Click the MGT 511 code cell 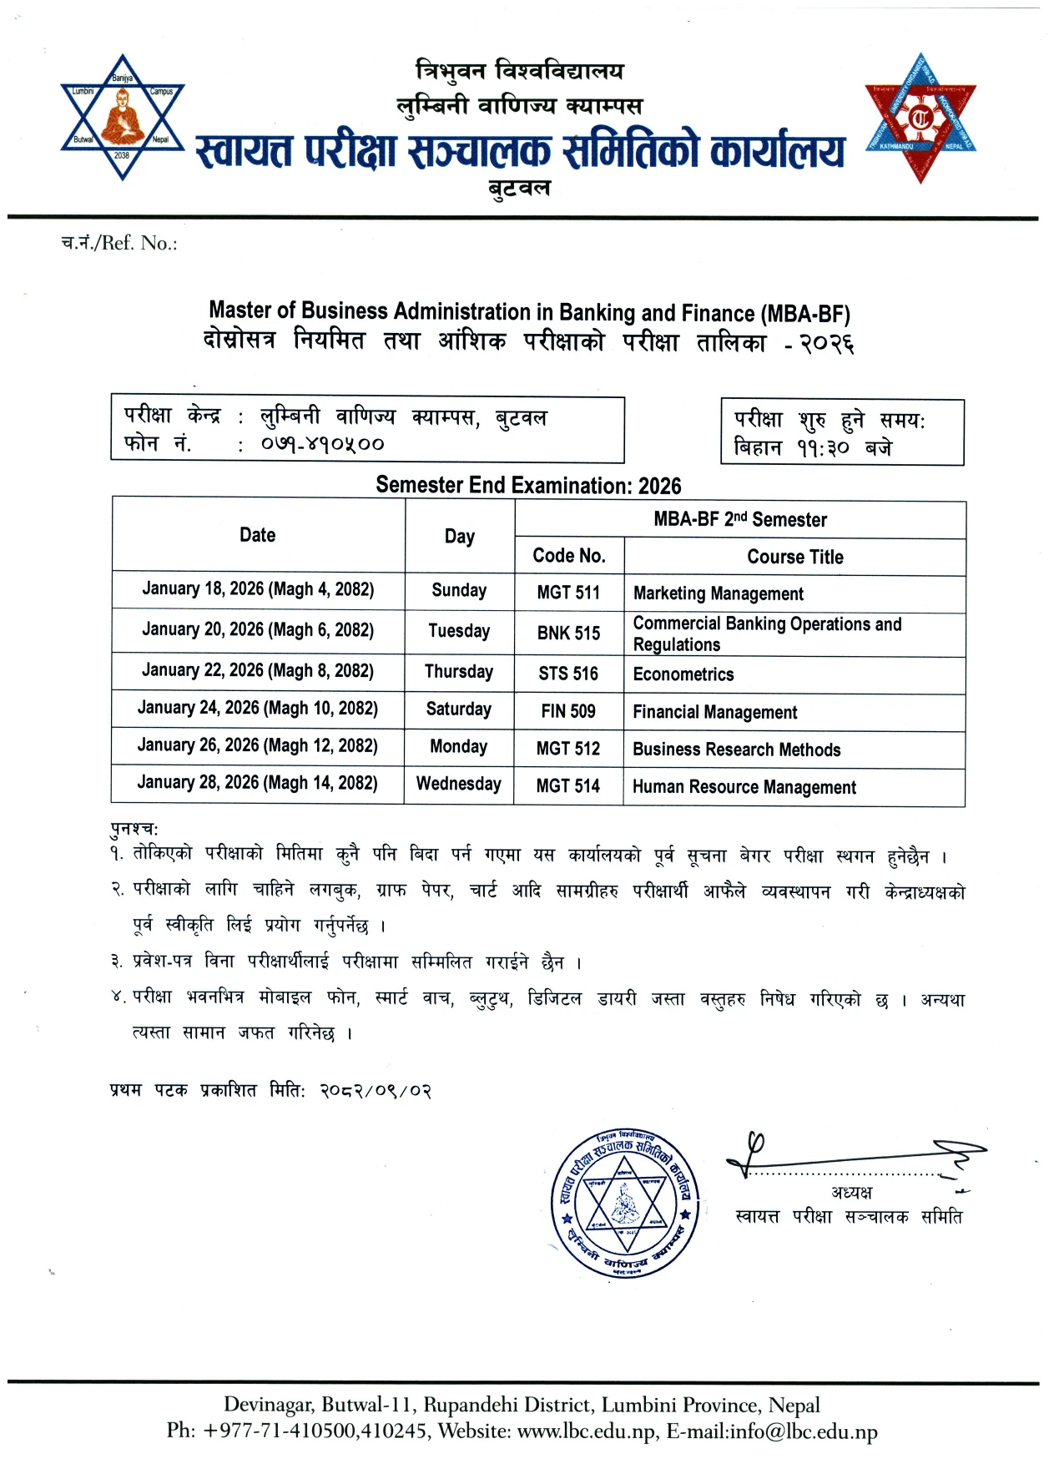pyautogui.click(x=568, y=593)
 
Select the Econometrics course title pyautogui.click(x=683, y=674)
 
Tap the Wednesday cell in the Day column pyautogui.click(x=459, y=784)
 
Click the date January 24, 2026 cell pyautogui.click(x=257, y=708)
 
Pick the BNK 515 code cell pyautogui.click(x=568, y=633)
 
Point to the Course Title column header pyautogui.click(x=794, y=557)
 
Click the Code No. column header pyautogui.click(x=568, y=556)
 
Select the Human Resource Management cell pyautogui.click(x=744, y=787)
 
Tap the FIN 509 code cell pyautogui.click(x=568, y=711)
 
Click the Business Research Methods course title pyautogui.click(x=736, y=750)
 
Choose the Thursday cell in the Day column pyautogui.click(x=459, y=671)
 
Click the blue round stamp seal pyautogui.click(x=625, y=1203)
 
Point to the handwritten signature pyautogui.click(x=851, y=1156)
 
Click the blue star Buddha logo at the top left pyautogui.click(x=123, y=118)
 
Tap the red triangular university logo pyautogui.click(x=920, y=118)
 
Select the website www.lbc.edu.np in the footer pyautogui.click(x=587, y=1431)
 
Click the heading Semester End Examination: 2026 pyautogui.click(x=528, y=485)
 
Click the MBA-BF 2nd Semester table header pyautogui.click(x=740, y=519)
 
